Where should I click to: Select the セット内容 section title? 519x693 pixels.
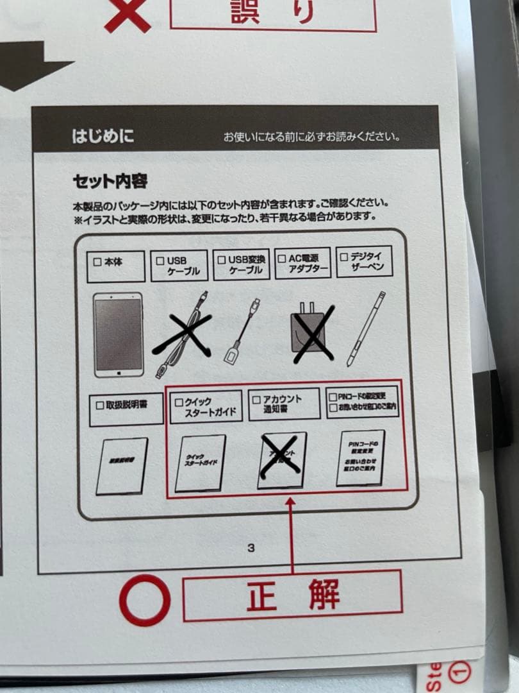(110, 182)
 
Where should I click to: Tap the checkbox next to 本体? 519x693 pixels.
(97, 262)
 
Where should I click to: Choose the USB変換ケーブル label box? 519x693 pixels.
(241, 265)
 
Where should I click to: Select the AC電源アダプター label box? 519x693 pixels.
(303, 264)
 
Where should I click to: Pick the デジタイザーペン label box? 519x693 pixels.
(363, 261)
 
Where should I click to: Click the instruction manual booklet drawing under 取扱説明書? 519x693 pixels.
(122, 466)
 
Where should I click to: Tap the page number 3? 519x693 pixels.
(251, 547)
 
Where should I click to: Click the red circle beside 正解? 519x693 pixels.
(145, 599)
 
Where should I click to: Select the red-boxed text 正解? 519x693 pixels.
(292, 595)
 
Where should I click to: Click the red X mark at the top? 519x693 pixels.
(128, 14)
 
